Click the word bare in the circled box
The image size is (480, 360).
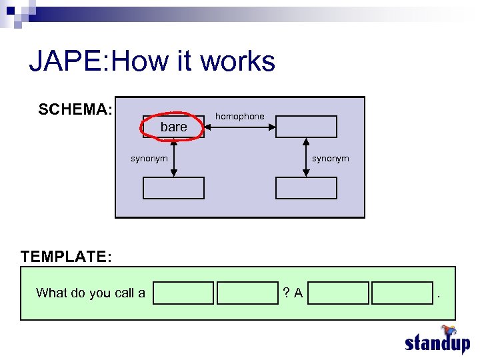click(174, 127)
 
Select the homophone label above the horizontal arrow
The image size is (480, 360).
click(239, 117)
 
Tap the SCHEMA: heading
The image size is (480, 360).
click(75, 109)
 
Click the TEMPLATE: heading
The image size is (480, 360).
click(66, 256)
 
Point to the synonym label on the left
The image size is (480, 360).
click(149, 158)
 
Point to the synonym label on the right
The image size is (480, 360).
click(330, 158)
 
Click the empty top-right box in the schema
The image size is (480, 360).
click(307, 127)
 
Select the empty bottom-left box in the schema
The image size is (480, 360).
click(173, 188)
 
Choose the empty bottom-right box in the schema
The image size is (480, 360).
click(307, 188)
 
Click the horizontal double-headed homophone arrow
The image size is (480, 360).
click(239, 127)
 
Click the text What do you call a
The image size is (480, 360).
click(91, 293)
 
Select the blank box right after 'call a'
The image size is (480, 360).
click(183, 293)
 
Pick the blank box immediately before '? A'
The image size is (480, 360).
click(247, 293)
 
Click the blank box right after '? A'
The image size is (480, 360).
click(339, 293)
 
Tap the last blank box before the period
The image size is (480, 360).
click(402, 293)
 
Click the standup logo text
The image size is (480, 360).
click(437, 343)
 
